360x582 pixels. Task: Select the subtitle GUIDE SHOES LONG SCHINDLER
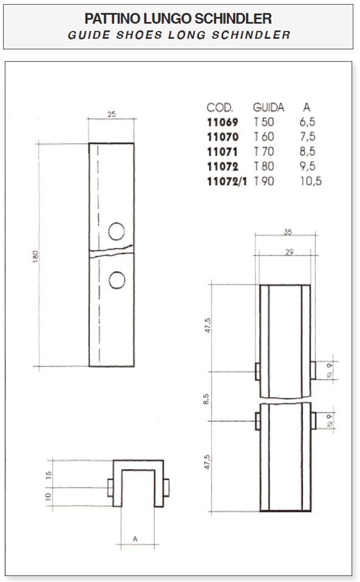coord(178,35)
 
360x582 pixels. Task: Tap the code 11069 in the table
coord(222,122)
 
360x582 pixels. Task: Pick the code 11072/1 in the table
coord(227,181)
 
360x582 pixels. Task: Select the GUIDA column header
coord(268,108)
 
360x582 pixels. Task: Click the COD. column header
coord(220,108)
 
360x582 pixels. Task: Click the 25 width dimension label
coord(112,115)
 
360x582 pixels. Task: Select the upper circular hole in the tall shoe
coord(117,231)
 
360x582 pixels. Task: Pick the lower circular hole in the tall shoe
coord(117,280)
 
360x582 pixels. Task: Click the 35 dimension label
coord(288,231)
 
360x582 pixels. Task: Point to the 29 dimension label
coord(288,252)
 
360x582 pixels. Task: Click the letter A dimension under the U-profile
coord(135,538)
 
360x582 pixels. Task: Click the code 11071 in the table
coord(222,152)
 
